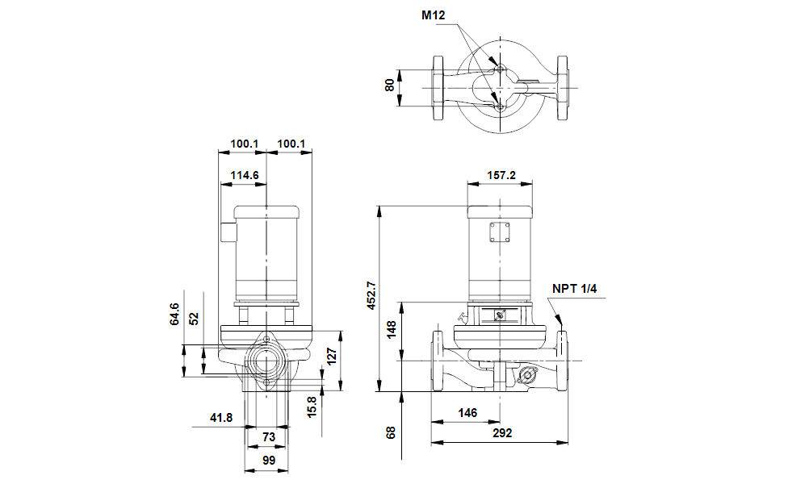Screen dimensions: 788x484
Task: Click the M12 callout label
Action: [x=434, y=15]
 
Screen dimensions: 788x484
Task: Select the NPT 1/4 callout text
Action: [x=574, y=289]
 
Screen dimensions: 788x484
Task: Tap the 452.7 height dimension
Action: [x=371, y=295]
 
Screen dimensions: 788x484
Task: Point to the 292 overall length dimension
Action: [x=502, y=433]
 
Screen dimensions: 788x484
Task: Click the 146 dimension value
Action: [x=467, y=413]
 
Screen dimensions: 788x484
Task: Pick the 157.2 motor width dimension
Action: [x=501, y=175]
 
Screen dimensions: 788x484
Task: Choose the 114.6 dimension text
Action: [x=245, y=175]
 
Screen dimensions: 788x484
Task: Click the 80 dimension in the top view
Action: [x=389, y=86]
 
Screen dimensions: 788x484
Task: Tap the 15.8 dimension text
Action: [x=312, y=407]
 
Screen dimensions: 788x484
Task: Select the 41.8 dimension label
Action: [x=221, y=418]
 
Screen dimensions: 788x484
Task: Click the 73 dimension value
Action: [x=269, y=437]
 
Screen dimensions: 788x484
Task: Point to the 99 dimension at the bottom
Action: [x=269, y=461]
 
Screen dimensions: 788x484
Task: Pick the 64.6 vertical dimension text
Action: [x=174, y=314]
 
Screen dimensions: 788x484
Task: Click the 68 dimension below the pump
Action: [x=391, y=433]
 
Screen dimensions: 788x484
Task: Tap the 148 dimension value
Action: [x=391, y=329]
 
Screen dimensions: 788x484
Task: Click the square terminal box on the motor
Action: [x=500, y=233]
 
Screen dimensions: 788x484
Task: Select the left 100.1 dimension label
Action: [x=245, y=144]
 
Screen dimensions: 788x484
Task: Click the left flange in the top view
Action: [x=438, y=88]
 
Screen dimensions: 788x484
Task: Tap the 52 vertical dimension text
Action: [x=194, y=319]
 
